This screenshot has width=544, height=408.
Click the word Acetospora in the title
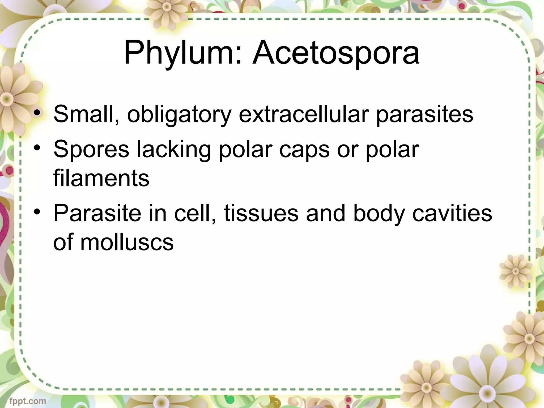[336, 53]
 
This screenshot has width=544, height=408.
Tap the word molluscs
[127, 242]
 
